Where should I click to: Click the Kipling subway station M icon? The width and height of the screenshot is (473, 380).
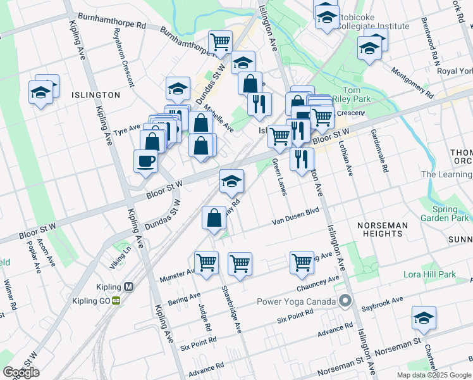[129, 286]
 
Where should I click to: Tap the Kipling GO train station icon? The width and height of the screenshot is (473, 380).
[116, 301]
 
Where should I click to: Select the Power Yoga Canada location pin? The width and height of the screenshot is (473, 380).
[345, 301]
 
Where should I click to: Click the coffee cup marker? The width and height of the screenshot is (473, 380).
[145, 161]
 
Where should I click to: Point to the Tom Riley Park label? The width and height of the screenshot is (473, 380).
[356, 95]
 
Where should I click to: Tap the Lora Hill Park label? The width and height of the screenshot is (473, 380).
[429, 275]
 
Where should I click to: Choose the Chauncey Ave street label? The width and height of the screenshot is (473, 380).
[317, 284]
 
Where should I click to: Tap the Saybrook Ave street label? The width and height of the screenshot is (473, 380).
[382, 303]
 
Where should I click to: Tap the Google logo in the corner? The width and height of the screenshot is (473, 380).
[21, 372]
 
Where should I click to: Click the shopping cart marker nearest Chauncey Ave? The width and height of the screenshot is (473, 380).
[302, 262]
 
